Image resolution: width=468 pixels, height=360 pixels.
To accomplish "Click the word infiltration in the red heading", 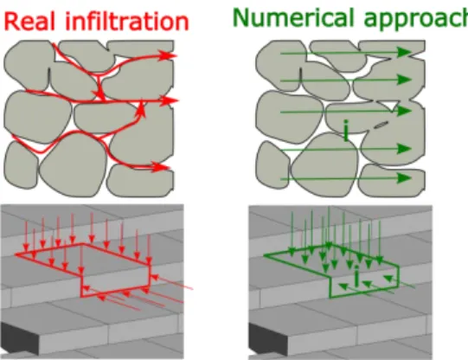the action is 127,21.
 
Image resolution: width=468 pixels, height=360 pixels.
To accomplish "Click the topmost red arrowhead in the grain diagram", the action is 168,55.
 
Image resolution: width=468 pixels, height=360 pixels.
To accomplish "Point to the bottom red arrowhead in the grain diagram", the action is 160,167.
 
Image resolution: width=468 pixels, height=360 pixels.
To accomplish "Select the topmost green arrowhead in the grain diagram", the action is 405,53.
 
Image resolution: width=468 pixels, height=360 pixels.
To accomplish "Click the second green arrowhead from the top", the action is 405,80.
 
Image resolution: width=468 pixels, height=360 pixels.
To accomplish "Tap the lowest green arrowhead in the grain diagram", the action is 405,178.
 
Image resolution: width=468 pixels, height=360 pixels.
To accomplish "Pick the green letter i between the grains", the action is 346,130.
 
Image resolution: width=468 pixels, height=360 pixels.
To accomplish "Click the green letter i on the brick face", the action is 356,275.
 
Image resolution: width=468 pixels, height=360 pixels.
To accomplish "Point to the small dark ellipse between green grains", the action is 381,125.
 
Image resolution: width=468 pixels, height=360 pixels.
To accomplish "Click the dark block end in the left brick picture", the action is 20,337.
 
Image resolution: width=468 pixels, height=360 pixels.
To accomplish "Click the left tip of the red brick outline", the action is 16,254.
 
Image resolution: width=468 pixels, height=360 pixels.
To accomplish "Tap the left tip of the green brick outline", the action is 265,255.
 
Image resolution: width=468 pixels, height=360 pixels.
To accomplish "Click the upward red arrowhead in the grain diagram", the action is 142,110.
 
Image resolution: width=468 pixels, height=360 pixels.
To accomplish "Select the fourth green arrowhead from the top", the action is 405,148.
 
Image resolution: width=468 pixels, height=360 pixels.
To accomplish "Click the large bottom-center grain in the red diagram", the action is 74,165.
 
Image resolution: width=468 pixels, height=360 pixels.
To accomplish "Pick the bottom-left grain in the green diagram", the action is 272,165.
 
